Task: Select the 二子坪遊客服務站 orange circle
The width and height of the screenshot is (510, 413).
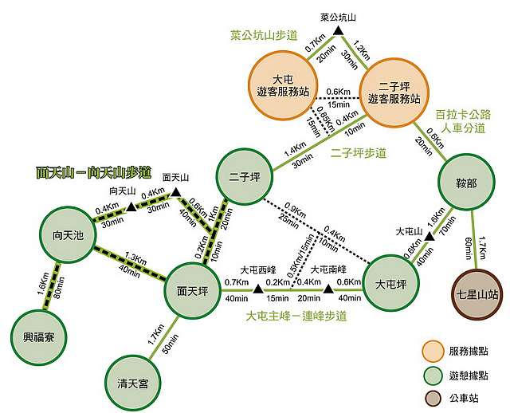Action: point(394,92)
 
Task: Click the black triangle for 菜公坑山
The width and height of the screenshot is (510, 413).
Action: point(338,31)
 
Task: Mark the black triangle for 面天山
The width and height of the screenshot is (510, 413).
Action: point(176,192)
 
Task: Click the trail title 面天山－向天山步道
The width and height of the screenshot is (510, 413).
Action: point(93,171)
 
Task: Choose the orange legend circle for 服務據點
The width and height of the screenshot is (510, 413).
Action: point(432,351)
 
